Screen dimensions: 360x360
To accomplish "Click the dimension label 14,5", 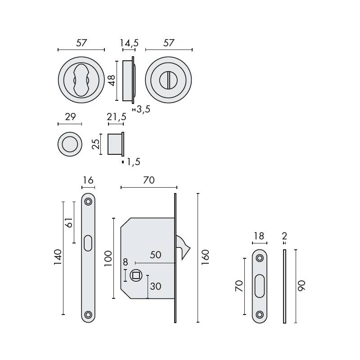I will [x=129, y=43].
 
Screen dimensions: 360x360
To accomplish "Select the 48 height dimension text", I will [x=112, y=80].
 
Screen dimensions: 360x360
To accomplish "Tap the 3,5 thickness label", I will [x=143, y=109].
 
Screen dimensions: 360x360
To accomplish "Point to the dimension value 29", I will [x=70, y=117].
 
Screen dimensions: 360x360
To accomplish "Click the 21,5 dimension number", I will [x=116, y=117].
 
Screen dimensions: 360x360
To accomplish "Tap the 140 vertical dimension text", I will [x=58, y=257].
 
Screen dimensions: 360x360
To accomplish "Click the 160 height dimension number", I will [x=206, y=257].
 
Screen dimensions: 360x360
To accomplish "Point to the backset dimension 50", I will [x=155, y=255].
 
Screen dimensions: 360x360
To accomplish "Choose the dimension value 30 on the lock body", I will [x=156, y=286].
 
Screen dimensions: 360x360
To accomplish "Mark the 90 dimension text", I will [x=301, y=286].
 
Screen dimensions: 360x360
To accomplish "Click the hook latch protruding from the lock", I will [x=184, y=247].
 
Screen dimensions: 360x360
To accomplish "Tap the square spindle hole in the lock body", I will [x=135, y=276].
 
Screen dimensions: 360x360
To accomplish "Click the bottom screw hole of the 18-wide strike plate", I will [x=259, y=315].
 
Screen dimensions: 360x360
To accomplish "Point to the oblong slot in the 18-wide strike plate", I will [x=259, y=286].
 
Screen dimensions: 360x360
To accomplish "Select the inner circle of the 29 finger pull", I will [x=70, y=144].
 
